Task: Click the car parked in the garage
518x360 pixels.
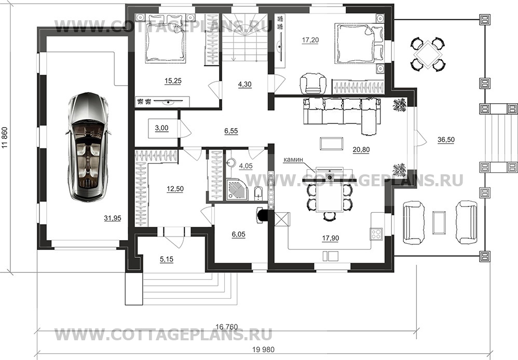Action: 88,146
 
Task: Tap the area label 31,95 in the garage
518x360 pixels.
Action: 113,218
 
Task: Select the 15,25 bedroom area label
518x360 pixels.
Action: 173,81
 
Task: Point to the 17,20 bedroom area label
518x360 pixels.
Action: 310,40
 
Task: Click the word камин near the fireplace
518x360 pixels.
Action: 293,159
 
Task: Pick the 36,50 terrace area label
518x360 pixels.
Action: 446,140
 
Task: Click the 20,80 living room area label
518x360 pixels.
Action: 361,149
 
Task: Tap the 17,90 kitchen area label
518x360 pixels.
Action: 330,238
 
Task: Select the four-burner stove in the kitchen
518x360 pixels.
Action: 376,233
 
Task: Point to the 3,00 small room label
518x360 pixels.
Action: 161,128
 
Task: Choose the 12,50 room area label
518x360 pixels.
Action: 175,189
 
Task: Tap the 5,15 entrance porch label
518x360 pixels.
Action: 167,259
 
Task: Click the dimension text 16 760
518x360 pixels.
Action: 227,327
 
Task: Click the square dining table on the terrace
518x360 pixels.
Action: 428,54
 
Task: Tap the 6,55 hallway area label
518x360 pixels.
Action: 231,131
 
